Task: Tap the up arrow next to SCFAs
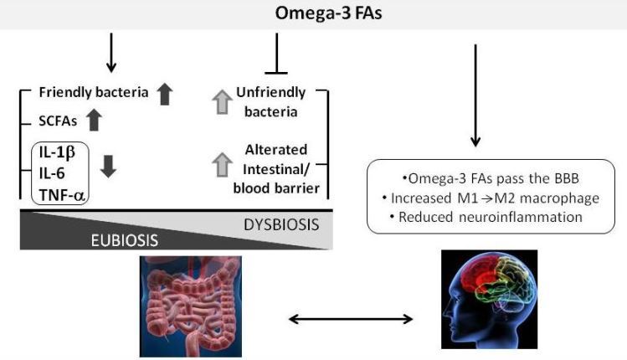(94, 121)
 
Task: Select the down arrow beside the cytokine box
(109, 166)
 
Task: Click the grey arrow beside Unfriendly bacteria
(220, 102)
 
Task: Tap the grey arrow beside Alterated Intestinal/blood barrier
(220, 166)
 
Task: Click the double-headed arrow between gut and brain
(350, 319)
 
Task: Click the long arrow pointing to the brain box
(475, 96)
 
